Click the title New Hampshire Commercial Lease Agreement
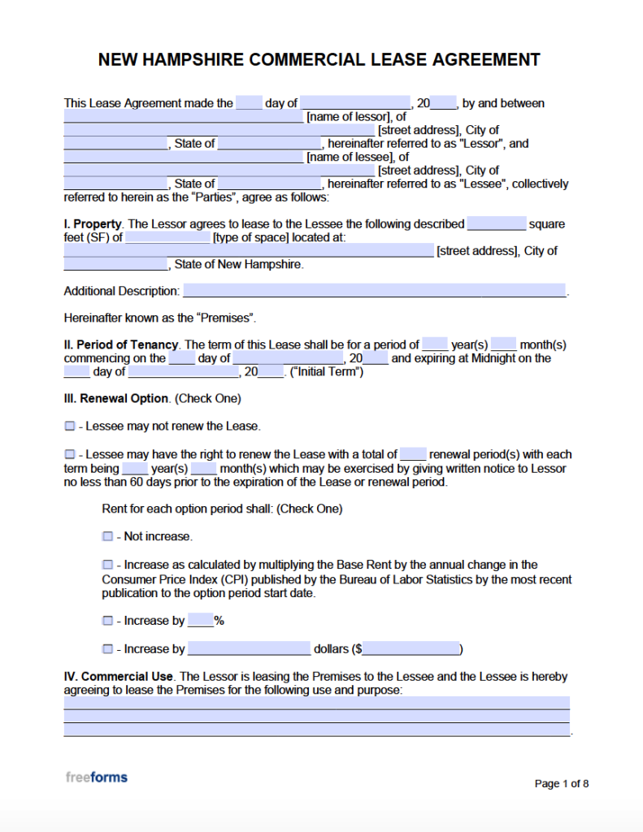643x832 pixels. pos(319,60)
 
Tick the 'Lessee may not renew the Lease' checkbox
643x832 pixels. pos(70,426)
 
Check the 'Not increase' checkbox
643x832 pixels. pos(107,536)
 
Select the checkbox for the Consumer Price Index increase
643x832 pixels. pos(107,565)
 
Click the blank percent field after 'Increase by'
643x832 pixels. pos(200,621)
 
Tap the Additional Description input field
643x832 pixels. pos(374,291)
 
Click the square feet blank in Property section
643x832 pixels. pos(497,224)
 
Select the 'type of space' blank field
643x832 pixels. pos(167,237)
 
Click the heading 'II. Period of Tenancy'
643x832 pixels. pos(120,344)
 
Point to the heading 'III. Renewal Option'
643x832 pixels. pos(116,399)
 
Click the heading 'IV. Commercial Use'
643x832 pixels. pos(119,676)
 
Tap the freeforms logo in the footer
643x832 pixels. pos(97,778)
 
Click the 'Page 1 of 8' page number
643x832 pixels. pos(561,783)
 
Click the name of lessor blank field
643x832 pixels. pos(183,117)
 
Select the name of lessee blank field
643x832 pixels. pos(183,158)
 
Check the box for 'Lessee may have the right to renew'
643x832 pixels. pos(70,454)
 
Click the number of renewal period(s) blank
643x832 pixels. pos(413,454)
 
